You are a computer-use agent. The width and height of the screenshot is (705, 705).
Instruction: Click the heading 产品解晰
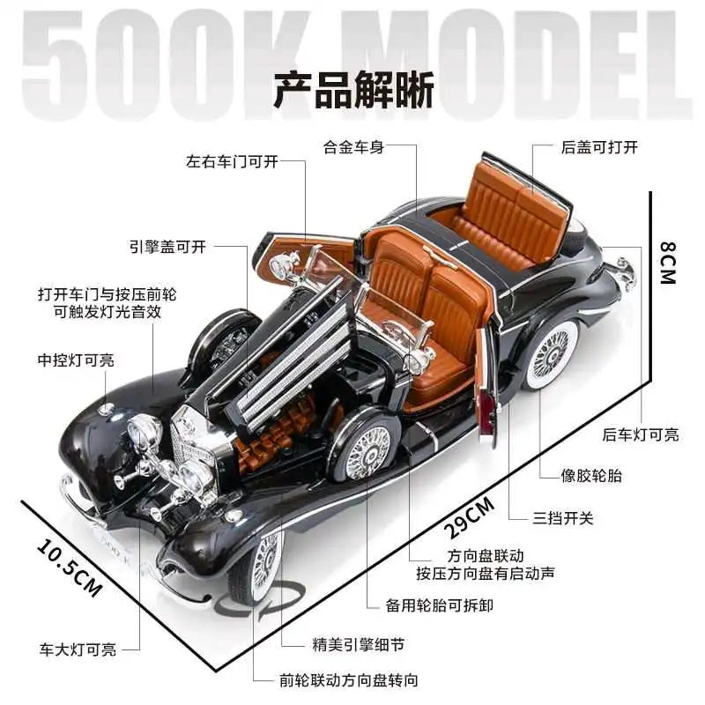353,90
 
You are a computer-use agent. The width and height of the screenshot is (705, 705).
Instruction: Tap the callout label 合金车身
354,147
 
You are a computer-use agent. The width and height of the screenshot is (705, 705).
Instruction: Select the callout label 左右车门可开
232,161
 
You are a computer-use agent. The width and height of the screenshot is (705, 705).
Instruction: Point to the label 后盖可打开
599,147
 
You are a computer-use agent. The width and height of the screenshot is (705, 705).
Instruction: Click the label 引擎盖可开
167,247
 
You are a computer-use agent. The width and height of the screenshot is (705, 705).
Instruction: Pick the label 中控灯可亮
76,360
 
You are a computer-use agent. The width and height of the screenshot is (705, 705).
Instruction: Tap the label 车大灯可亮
78,649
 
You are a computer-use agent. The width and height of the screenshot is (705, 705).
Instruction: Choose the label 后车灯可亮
641,434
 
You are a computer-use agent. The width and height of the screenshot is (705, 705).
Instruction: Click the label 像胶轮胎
591,476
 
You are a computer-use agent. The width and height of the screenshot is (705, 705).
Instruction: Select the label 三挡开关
563,518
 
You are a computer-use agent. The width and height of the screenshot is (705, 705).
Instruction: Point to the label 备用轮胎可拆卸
439,605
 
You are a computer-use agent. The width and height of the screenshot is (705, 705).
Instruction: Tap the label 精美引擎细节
359,645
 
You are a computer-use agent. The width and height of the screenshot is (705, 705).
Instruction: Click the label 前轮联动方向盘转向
348,680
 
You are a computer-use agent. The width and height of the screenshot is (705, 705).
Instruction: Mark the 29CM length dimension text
470,518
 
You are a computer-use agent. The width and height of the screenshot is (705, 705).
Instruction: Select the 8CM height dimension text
668,263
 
